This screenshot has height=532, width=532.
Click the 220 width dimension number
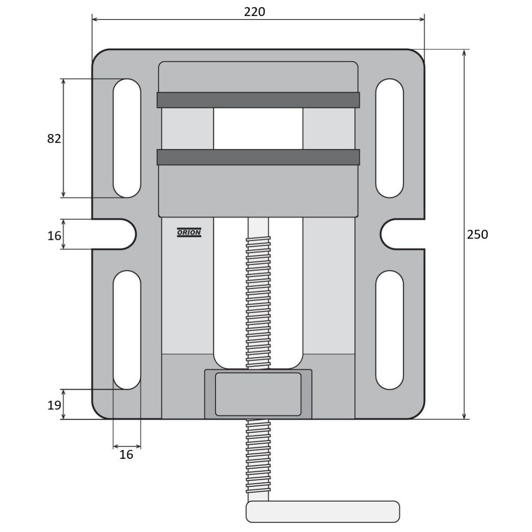point(254,12)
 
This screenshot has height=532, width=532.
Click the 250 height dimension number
point(477,235)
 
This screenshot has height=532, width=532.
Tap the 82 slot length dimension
point(54,139)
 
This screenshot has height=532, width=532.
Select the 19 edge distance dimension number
point(54,405)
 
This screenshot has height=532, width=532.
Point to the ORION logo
point(189,232)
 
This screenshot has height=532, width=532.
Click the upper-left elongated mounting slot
point(127,138)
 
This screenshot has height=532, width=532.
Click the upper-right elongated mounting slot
point(390,138)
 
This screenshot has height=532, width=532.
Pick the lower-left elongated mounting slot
point(127,330)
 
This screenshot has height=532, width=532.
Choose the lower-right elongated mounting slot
point(390,330)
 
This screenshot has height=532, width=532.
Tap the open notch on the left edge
point(114,234)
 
